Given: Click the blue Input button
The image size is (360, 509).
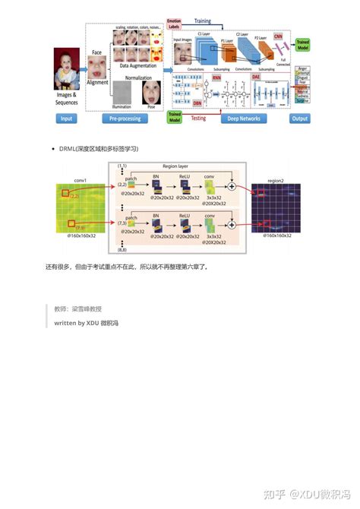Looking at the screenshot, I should (67, 119).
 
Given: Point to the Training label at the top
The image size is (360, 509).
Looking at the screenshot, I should (201, 22).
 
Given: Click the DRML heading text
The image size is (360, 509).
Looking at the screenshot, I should (98, 148).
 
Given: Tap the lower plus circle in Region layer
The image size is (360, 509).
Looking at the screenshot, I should (231, 226).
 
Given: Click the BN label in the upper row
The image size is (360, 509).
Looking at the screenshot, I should (156, 175).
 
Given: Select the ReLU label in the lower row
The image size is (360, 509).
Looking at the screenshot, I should (184, 216).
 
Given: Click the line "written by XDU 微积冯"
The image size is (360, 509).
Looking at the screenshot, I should (86, 323).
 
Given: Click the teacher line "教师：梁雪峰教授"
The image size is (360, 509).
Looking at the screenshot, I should (77, 309).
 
